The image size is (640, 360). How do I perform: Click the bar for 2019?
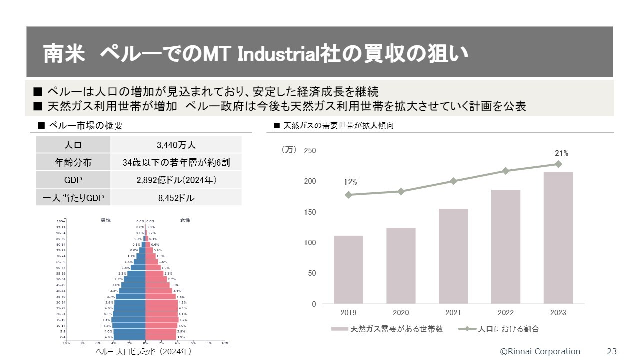coord(348,270)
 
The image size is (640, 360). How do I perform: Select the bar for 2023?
coord(558,238)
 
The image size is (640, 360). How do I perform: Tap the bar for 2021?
coord(453,256)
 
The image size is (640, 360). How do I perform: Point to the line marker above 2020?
coord(401,191)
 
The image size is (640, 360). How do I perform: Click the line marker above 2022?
coord(506,171)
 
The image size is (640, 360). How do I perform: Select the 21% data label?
coord(561,154)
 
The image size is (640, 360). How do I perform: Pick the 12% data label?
coord(350,182)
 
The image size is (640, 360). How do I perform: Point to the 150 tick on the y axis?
coord(310,212)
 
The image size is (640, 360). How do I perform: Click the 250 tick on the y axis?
coord(310,151)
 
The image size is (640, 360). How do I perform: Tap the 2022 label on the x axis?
coord(506,313)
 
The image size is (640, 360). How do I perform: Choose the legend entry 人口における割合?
coord(508,329)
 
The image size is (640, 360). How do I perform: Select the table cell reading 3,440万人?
coord(176,145)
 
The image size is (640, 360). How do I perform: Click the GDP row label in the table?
coord(73,180)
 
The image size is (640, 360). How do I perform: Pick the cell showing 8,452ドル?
coord(176,198)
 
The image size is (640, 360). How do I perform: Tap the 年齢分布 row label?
coord(73,163)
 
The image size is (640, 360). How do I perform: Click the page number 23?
coord(612,351)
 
